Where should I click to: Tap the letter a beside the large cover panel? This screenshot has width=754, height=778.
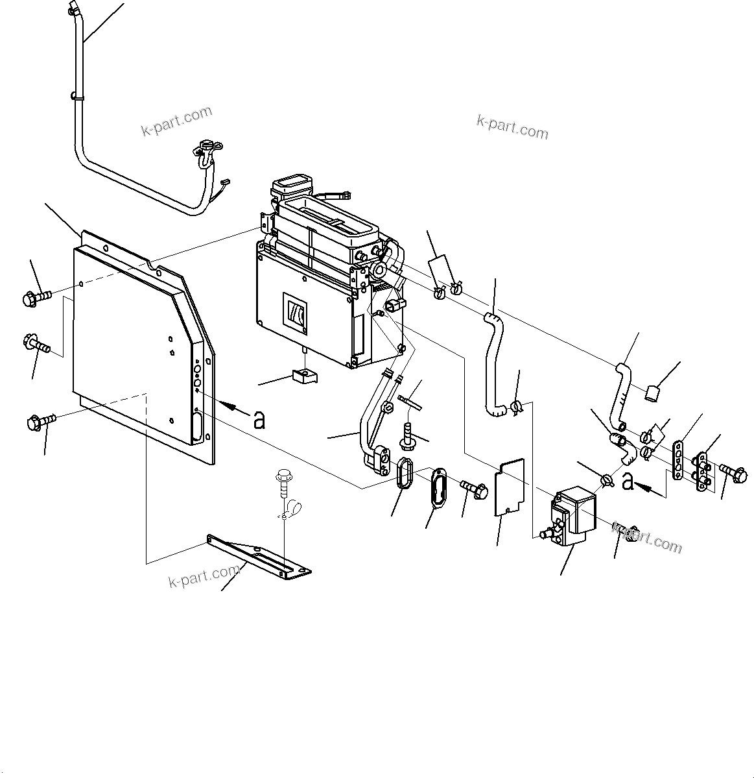(x=259, y=420)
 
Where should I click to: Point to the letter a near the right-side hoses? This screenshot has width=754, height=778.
(x=627, y=481)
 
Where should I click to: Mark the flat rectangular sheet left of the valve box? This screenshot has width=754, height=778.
(x=509, y=487)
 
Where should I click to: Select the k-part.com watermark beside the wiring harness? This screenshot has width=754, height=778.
(x=176, y=121)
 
